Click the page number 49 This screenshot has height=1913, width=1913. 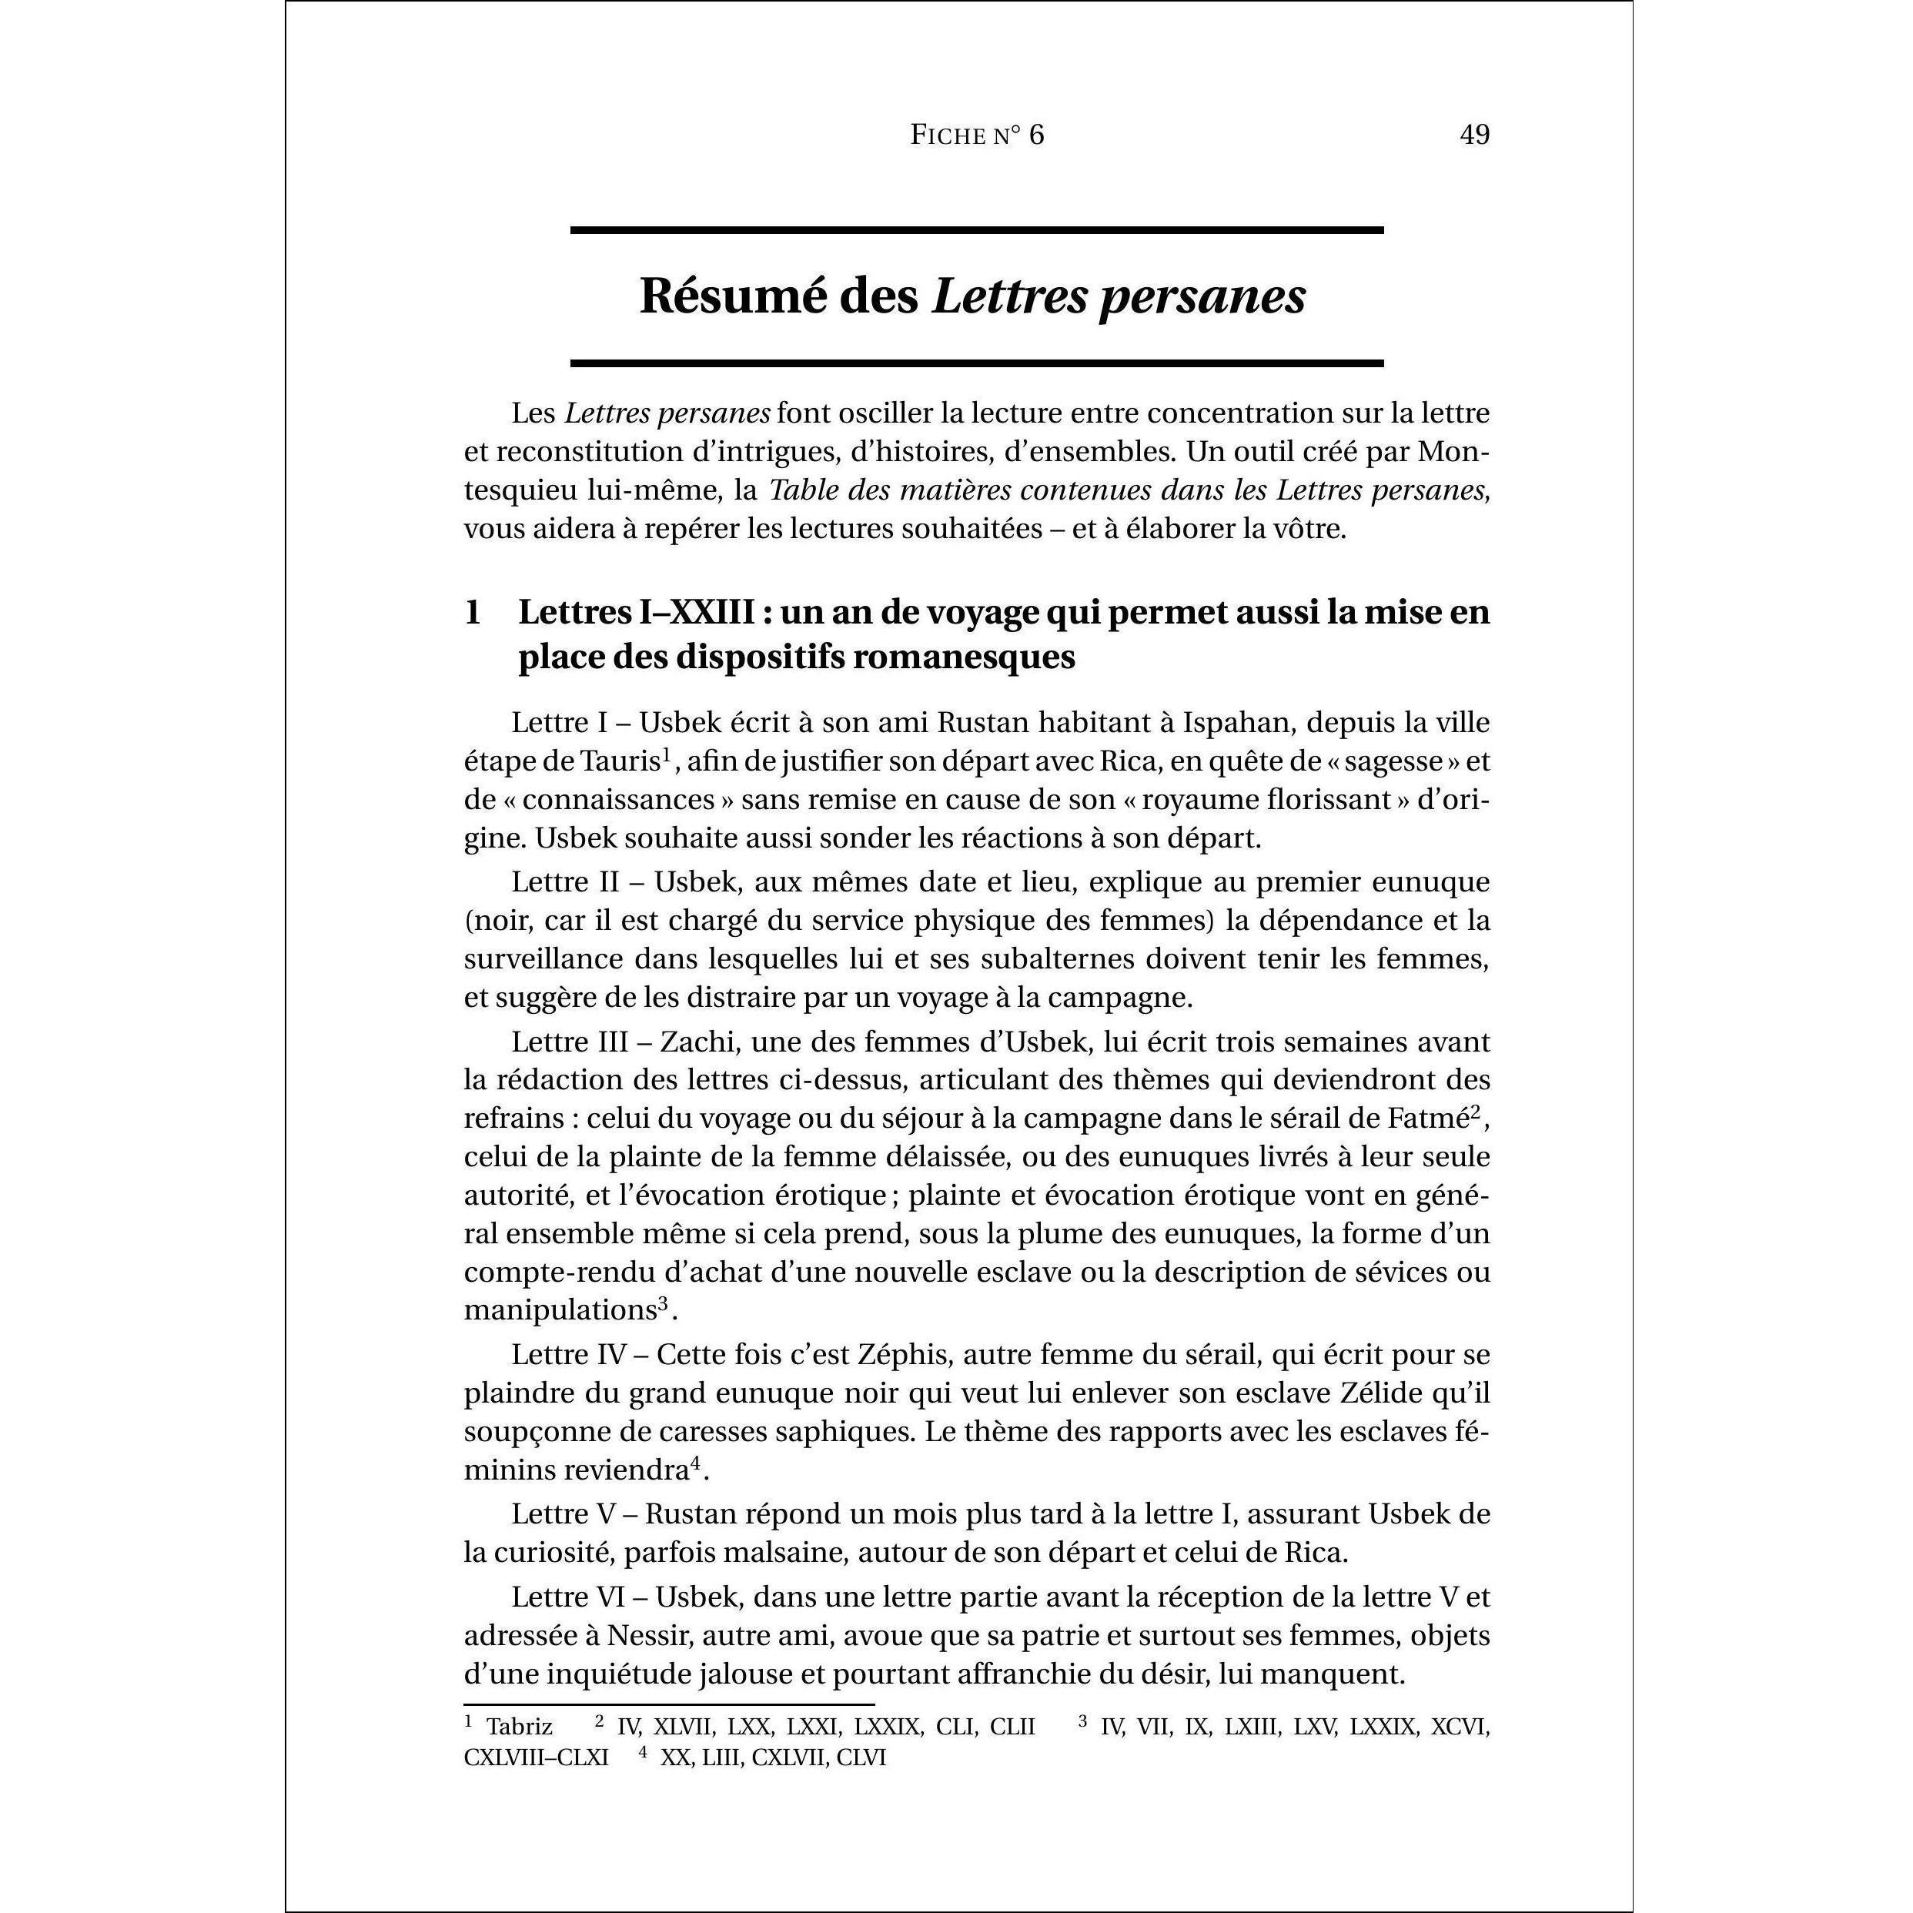coord(1474,135)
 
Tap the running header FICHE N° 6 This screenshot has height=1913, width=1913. coord(976,135)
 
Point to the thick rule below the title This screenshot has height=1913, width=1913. coord(976,363)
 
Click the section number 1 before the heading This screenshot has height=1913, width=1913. coord(473,613)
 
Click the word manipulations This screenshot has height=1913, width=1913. coord(560,1310)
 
